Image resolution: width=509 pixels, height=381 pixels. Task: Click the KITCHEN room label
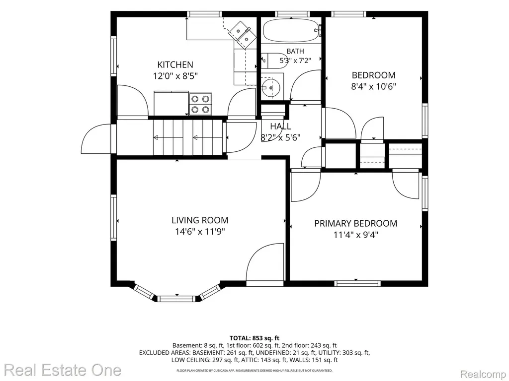point(175,64)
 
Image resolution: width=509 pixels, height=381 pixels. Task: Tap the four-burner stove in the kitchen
point(200,104)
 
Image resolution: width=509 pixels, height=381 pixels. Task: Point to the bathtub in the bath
point(291,30)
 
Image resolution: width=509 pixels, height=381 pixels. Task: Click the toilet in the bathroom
point(274,61)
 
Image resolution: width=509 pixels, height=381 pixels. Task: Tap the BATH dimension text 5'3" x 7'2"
point(295,60)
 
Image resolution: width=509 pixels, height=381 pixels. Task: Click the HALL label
point(280,126)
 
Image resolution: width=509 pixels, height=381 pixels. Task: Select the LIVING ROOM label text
point(200,220)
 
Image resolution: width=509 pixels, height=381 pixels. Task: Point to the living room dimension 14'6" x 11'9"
point(200,232)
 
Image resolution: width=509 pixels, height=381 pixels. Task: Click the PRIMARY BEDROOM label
point(356,223)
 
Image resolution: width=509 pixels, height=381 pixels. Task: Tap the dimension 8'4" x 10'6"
point(374,86)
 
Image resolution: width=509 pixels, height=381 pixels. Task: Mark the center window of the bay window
point(177,298)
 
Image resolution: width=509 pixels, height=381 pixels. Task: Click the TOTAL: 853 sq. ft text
point(254,338)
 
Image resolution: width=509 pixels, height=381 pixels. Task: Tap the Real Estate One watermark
point(63,370)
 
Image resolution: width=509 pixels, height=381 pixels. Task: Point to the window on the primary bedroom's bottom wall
point(357,283)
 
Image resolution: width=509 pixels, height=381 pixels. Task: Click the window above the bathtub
point(292,14)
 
